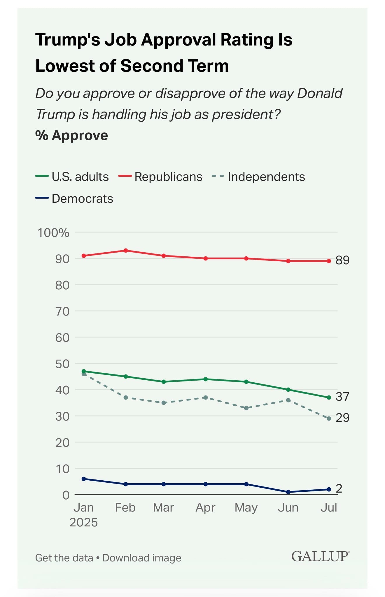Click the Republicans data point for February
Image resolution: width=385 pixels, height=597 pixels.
click(x=126, y=251)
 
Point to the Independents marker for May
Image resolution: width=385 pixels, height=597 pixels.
click(x=246, y=408)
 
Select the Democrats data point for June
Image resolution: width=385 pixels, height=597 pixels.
click(x=288, y=492)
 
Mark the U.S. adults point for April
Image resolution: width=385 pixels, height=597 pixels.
click(x=206, y=379)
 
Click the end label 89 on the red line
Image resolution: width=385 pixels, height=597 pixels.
click(x=342, y=260)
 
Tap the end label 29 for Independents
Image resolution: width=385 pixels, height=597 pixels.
click(x=342, y=418)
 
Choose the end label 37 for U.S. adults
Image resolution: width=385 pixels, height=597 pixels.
click(x=342, y=397)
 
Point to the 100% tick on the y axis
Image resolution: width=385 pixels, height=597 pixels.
click(x=53, y=233)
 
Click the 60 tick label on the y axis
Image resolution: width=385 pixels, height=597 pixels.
click(x=62, y=338)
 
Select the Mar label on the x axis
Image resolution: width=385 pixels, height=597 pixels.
click(x=163, y=507)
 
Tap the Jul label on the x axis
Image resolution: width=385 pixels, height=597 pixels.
click(x=329, y=507)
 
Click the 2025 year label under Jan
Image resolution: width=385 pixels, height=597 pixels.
click(x=83, y=522)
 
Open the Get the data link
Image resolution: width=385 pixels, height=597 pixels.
click(x=64, y=558)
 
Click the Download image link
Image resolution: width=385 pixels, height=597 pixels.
click(x=142, y=558)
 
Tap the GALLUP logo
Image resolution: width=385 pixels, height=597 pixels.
click(x=320, y=556)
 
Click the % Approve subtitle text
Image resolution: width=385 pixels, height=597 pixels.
click(x=72, y=135)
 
